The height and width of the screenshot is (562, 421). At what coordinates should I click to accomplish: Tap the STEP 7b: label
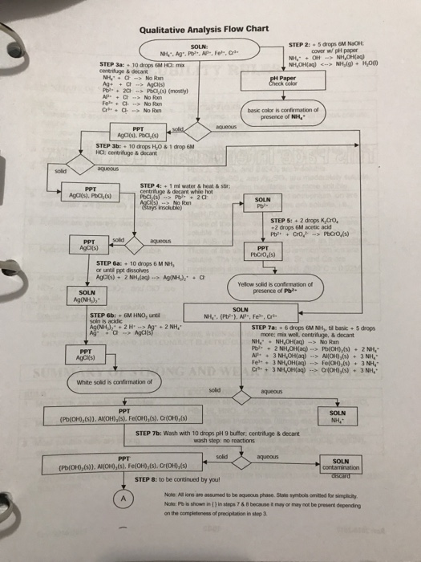coord(152,433)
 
